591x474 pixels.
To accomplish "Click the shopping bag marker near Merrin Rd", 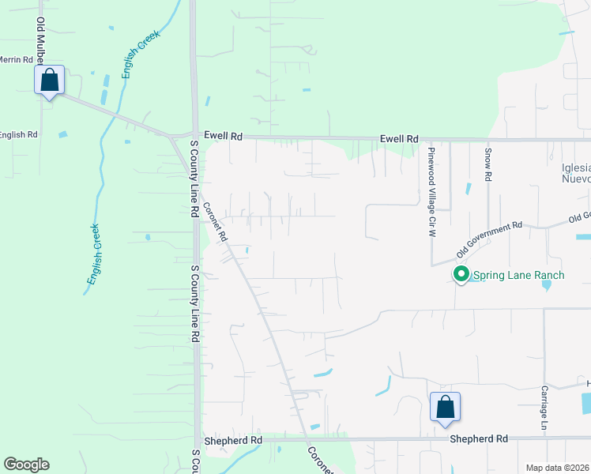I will [x=50, y=81].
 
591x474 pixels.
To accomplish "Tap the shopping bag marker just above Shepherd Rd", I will [x=445, y=408].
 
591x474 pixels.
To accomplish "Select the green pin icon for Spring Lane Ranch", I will [x=461, y=275].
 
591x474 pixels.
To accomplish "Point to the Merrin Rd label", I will [x=17, y=59].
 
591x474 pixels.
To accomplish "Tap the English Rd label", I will [x=18, y=135].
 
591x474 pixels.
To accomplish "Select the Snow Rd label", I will [x=488, y=166].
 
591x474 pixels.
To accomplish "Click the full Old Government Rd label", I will [x=490, y=240].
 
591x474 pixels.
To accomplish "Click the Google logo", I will [x=26, y=465].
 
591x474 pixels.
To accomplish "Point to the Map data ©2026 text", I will [x=557, y=468].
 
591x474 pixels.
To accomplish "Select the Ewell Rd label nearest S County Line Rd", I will [x=223, y=136].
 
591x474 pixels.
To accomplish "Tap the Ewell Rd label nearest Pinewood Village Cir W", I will [x=399, y=139].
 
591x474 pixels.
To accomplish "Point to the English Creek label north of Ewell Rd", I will [x=141, y=54].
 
